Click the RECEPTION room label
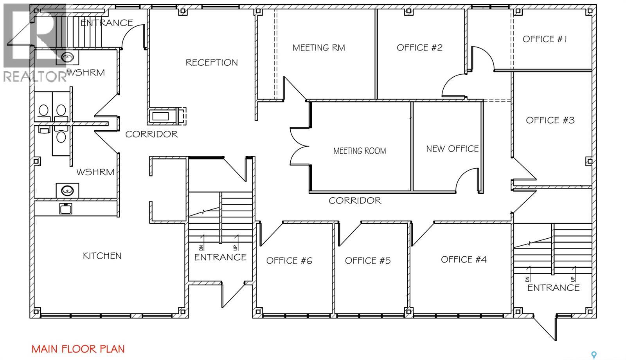212,62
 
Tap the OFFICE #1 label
545,39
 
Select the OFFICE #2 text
419,47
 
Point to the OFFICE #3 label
550,120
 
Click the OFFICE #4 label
464,259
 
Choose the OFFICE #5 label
367,261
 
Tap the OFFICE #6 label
289,261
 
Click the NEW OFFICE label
452,149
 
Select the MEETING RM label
318,48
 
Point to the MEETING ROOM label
360,151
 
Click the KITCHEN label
102,256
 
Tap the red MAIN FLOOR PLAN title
78,349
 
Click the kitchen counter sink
66,209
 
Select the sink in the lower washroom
67,191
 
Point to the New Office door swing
467,180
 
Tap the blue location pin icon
594,355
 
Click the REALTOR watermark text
35,76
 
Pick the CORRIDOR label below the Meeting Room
355,200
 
